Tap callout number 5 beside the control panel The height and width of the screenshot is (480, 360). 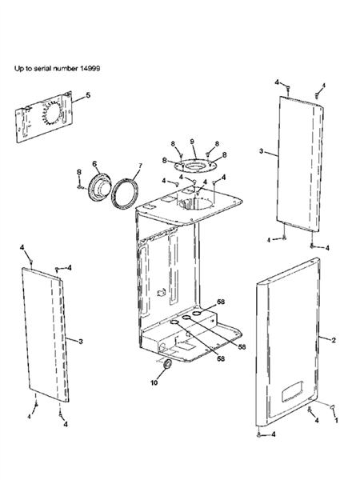point(88,96)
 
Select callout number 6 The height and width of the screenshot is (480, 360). point(94,165)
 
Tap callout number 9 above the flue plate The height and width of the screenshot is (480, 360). point(192,142)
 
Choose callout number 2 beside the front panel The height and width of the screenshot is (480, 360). point(334,339)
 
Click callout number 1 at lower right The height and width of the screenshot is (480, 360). point(337,418)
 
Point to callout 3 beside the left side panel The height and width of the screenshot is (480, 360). point(80,340)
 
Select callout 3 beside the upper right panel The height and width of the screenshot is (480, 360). point(262,150)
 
